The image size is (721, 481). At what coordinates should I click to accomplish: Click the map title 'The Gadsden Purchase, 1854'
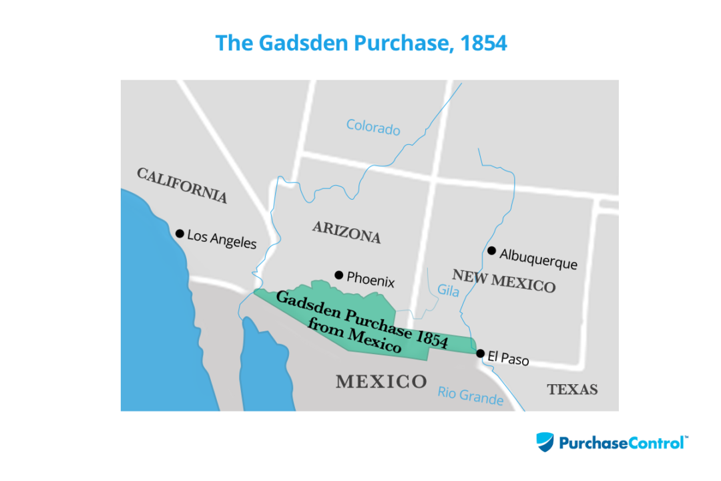point(360,43)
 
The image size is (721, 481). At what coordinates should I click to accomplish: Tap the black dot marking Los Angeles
point(180,233)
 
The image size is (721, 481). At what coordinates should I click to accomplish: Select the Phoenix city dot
point(338,275)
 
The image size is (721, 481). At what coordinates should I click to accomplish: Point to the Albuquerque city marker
point(491,251)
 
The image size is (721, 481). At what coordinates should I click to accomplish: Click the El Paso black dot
point(480,353)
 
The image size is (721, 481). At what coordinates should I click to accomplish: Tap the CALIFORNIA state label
point(182,185)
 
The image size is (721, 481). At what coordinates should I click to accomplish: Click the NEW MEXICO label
point(503,281)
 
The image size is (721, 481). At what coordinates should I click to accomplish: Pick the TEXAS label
point(572,389)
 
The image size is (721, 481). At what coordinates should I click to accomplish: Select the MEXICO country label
point(381,381)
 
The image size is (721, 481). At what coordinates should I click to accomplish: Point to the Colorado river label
point(373,127)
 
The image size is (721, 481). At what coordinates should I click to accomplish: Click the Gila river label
point(449,291)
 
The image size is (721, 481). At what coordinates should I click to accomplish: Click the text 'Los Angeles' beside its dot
point(222,238)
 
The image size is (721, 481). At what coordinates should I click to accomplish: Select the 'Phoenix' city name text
point(371,281)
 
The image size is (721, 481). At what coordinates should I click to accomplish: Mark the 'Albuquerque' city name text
point(538,259)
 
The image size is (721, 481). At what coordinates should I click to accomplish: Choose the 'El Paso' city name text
point(508,359)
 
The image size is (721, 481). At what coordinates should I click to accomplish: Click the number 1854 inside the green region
point(431,337)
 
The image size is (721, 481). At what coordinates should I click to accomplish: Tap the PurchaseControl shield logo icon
point(545,442)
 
